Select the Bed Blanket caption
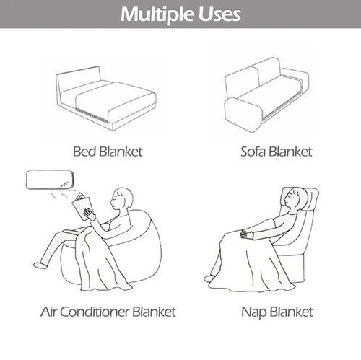pyautogui.click(x=108, y=152)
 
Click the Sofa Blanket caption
pyautogui.click(x=277, y=152)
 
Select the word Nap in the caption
pyautogui.click(x=252, y=312)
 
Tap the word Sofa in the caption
pyautogui.click(x=255, y=152)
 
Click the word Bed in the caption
pyautogui.click(x=84, y=152)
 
